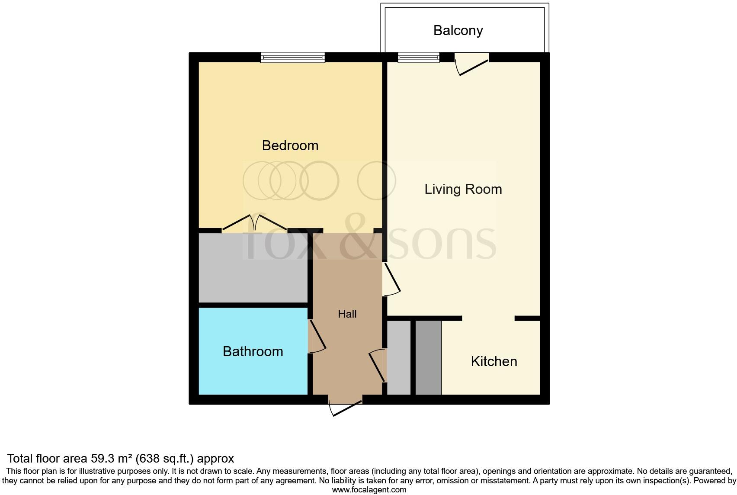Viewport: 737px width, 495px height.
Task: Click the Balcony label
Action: (458, 31)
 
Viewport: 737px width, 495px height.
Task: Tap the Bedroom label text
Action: (290, 145)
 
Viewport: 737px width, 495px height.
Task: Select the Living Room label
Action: (463, 189)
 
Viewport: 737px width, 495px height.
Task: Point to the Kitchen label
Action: (494, 361)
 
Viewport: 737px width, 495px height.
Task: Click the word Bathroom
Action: (253, 351)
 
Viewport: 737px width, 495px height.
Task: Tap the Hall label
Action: (347, 314)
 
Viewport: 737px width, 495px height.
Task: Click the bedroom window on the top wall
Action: (292, 58)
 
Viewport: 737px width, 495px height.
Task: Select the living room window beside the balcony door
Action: (419, 58)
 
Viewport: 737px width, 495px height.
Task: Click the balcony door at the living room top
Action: (471, 64)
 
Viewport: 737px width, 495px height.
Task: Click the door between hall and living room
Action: (391, 279)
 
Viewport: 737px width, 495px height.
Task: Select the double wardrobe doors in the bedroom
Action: (254, 222)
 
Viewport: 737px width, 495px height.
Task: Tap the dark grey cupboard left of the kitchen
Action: (428, 358)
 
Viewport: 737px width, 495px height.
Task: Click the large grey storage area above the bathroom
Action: (253, 268)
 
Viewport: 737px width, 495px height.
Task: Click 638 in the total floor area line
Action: (151, 459)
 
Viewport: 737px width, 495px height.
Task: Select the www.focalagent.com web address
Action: (369, 490)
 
